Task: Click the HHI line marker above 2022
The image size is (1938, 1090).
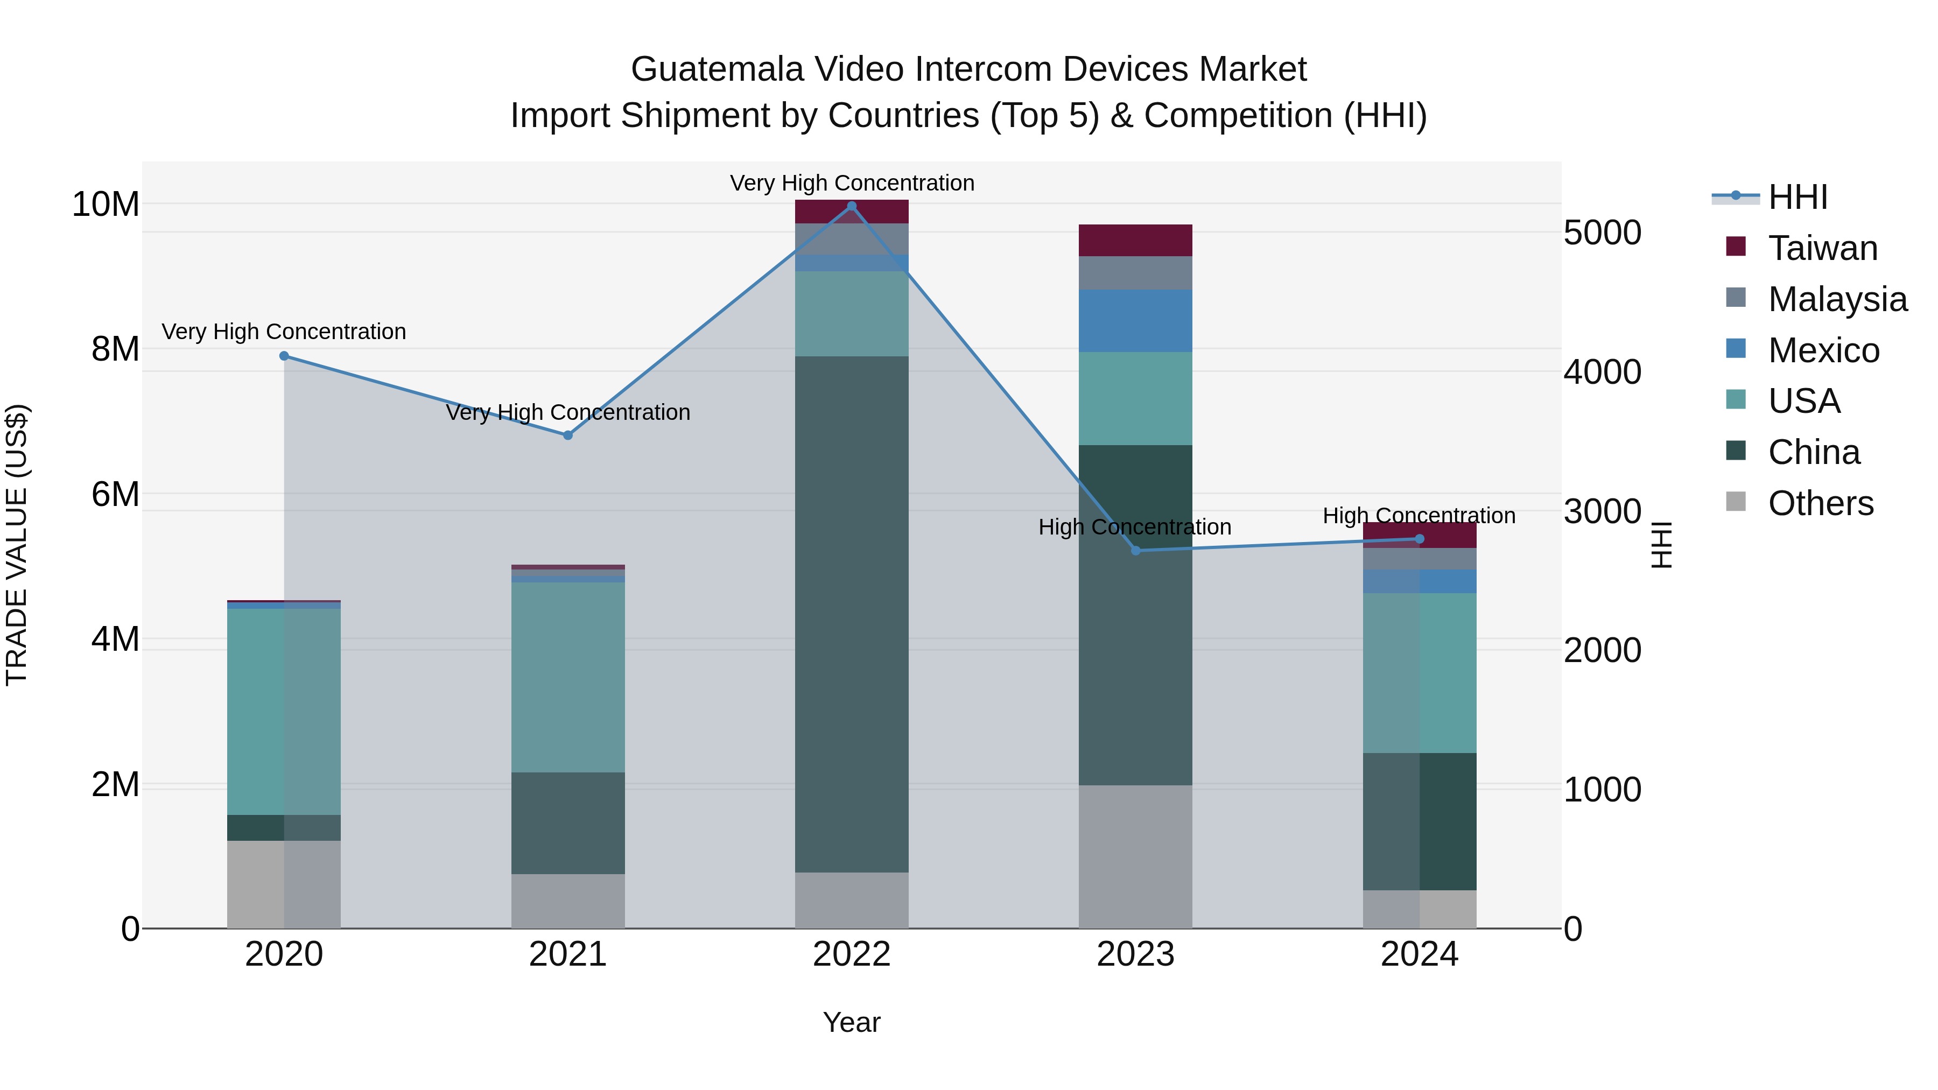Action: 852,206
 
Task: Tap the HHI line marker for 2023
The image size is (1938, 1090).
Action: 1135,551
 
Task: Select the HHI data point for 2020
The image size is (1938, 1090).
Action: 284,356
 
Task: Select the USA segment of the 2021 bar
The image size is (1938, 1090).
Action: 568,677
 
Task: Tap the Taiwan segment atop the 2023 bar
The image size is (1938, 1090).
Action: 1135,240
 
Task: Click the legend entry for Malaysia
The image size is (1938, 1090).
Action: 1837,299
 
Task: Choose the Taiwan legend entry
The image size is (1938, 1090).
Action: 1822,248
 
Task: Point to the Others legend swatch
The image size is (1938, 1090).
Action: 1736,502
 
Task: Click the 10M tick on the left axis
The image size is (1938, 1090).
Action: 106,204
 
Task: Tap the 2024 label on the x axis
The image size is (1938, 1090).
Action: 1419,954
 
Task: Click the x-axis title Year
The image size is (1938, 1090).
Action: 852,1022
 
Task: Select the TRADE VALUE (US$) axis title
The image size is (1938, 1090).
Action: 17,545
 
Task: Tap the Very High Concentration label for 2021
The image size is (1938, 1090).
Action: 568,412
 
